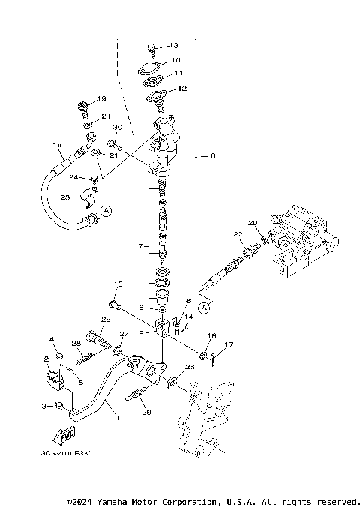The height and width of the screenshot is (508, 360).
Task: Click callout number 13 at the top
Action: click(174, 45)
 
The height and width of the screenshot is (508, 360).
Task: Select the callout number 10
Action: click(175, 59)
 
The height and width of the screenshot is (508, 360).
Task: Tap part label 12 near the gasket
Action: click(181, 89)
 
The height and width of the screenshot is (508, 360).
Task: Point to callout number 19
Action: click(101, 99)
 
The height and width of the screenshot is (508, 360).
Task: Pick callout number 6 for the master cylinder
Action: click(212, 156)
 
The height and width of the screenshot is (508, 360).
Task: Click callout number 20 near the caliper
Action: click(252, 222)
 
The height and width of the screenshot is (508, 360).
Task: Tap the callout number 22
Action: click(237, 235)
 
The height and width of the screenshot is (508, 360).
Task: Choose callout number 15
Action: click(117, 284)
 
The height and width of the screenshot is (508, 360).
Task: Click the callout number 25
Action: click(105, 320)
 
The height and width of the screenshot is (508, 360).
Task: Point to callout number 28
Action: click(75, 344)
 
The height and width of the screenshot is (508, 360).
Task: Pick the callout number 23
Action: click(64, 197)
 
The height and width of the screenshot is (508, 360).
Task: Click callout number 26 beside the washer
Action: click(189, 367)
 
